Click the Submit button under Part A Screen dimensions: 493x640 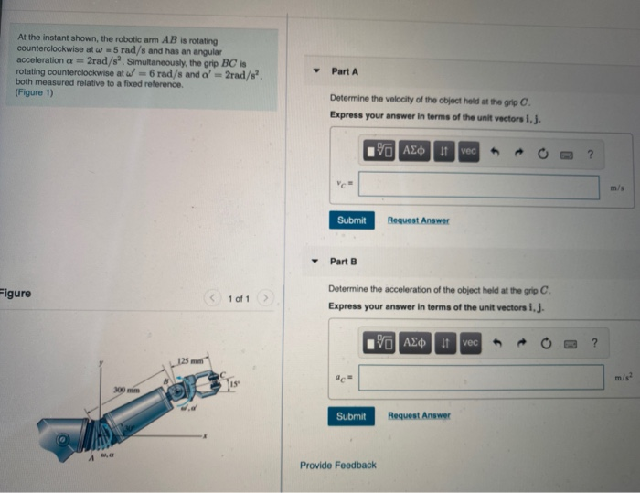tap(351, 220)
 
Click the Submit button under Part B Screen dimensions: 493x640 tap(351, 416)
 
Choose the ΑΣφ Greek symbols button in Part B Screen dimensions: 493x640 tap(417, 343)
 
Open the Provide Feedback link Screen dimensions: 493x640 tap(338, 465)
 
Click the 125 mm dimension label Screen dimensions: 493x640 tap(190, 358)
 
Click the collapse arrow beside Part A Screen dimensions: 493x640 tap(315, 71)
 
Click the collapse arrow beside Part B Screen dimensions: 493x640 tap(315, 262)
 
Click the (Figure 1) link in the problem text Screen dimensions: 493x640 tap(35, 92)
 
